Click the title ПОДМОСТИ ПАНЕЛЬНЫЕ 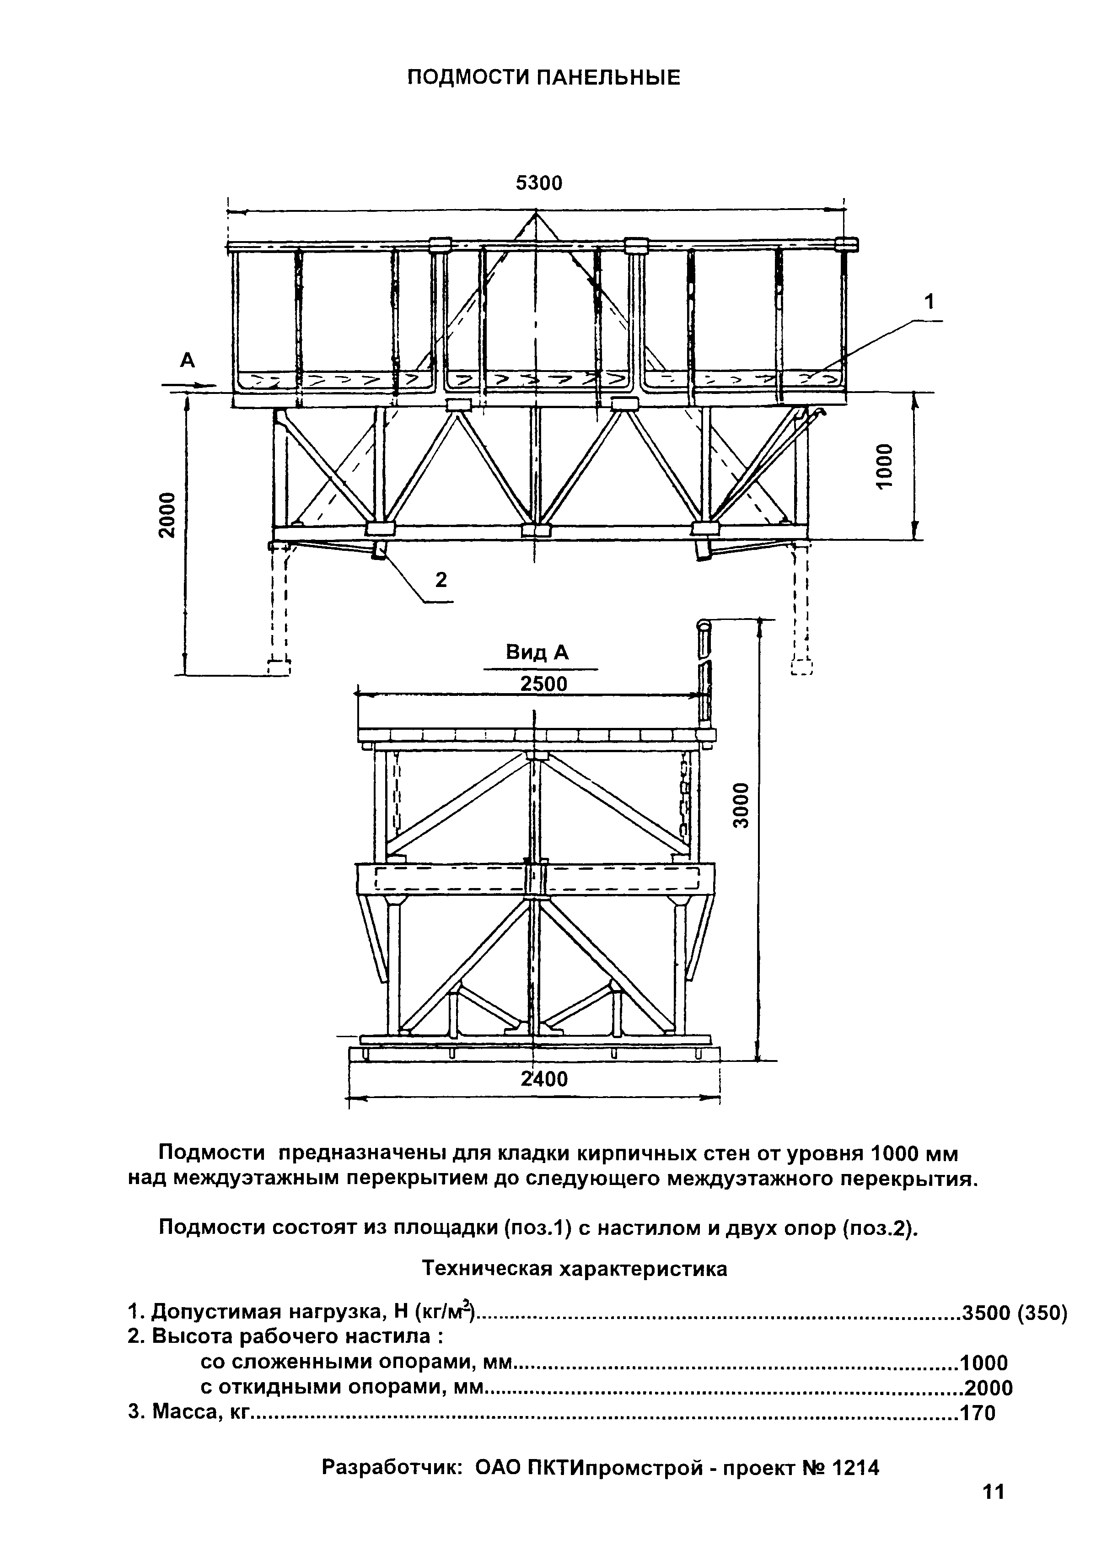(543, 78)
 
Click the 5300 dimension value (538, 183)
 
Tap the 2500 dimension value (543, 683)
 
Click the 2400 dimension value (544, 1078)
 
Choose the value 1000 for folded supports (983, 1363)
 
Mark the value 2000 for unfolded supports (988, 1388)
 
